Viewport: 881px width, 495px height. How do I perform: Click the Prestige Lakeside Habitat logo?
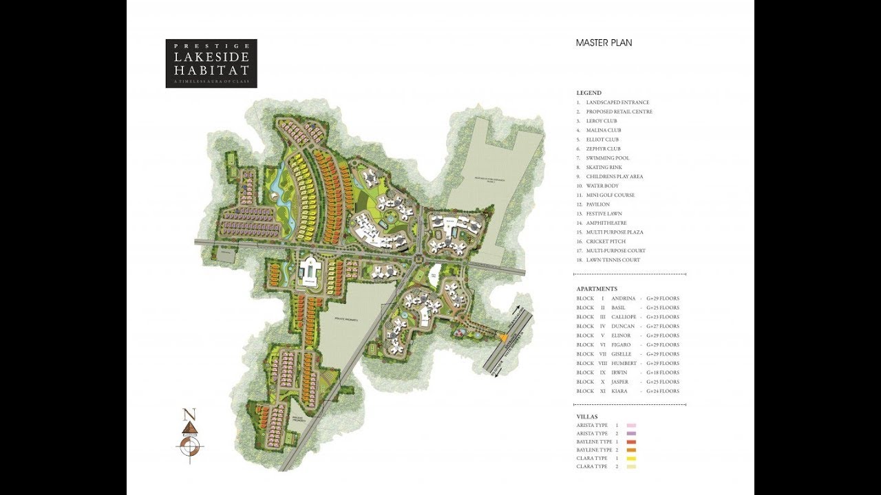click(x=211, y=63)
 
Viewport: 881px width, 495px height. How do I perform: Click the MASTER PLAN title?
click(x=604, y=43)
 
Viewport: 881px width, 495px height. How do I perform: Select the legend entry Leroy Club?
click(x=602, y=121)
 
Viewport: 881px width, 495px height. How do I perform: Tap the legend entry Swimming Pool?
click(x=607, y=158)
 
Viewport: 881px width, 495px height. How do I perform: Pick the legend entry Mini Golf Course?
click(x=610, y=195)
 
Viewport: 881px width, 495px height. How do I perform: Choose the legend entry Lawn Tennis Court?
click(x=613, y=260)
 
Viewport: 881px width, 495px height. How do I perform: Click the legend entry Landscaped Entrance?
click(x=617, y=102)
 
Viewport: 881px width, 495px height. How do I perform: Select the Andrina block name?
click(x=624, y=298)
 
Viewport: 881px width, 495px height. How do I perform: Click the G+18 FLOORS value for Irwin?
click(x=663, y=373)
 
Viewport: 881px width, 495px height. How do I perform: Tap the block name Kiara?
click(x=620, y=391)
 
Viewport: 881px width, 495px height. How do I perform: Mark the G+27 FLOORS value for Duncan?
click(x=663, y=327)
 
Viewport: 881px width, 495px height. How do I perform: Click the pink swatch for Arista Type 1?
click(x=631, y=426)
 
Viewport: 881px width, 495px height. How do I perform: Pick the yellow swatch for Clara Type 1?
click(x=631, y=459)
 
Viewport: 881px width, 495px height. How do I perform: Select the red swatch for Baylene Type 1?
click(x=631, y=442)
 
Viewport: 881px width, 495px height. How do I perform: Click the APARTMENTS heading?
click(x=597, y=289)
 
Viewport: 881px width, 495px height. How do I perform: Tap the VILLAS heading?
click(x=587, y=417)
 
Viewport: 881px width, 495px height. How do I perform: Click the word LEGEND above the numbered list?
click(x=588, y=93)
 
